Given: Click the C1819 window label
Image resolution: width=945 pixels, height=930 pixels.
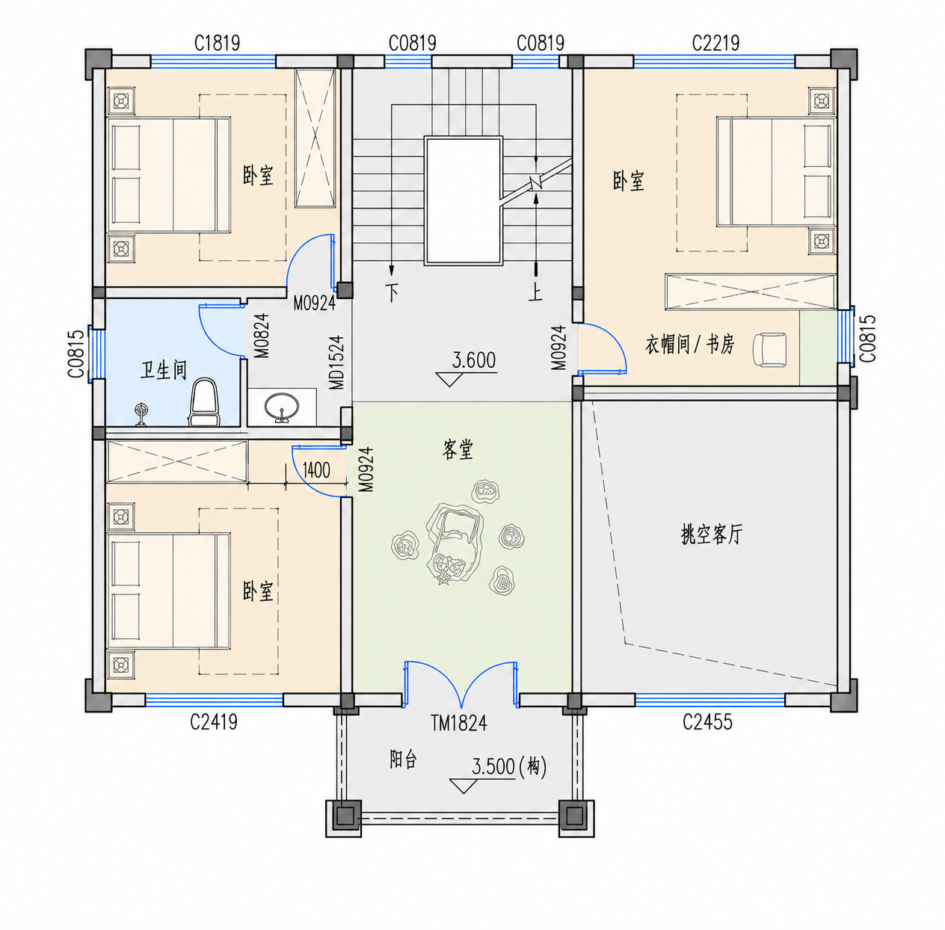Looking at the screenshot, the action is pyautogui.click(x=218, y=43).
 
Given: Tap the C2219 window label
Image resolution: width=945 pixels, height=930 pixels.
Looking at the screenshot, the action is pyautogui.click(x=715, y=43).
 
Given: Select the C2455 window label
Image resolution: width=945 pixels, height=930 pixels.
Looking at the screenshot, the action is pyautogui.click(x=708, y=721).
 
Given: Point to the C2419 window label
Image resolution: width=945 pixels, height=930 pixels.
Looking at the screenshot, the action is pyautogui.click(x=214, y=721).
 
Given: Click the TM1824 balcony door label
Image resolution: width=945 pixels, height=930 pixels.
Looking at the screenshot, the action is pyautogui.click(x=459, y=723).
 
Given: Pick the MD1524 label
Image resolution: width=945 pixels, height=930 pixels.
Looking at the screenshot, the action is pyautogui.click(x=337, y=363).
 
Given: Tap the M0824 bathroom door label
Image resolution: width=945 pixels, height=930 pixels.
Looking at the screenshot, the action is pyautogui.click(x=262, y=336).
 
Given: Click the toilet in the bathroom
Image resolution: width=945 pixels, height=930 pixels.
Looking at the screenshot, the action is pyautogui.click(x=204, y=401).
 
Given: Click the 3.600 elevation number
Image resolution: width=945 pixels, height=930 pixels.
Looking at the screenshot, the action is pyautogui.click(x=474, y=360).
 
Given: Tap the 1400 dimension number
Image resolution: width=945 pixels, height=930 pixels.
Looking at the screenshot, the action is pyautogui.click(x=316, y=470).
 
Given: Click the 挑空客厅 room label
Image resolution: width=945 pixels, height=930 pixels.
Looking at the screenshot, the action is pyautogui.click(x=712, y=535).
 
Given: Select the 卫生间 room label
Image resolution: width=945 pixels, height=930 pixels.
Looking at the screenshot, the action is pyautogui.click(x=164, y=370).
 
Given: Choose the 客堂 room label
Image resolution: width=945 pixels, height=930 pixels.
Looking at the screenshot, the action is pyautogui.click(x=458, y=449).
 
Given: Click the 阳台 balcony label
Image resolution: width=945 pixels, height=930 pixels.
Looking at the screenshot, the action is pyautogui.click(x=403, y=760).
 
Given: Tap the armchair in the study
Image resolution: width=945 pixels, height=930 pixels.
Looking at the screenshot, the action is pyautogui.click(x=770, y=348).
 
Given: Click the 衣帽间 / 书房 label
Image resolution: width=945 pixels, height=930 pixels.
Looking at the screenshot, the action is pyautogui.click(x=689, y=345).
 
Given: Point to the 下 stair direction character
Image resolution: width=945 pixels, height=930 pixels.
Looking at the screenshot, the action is pyautogui.click(x=393, y=293).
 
